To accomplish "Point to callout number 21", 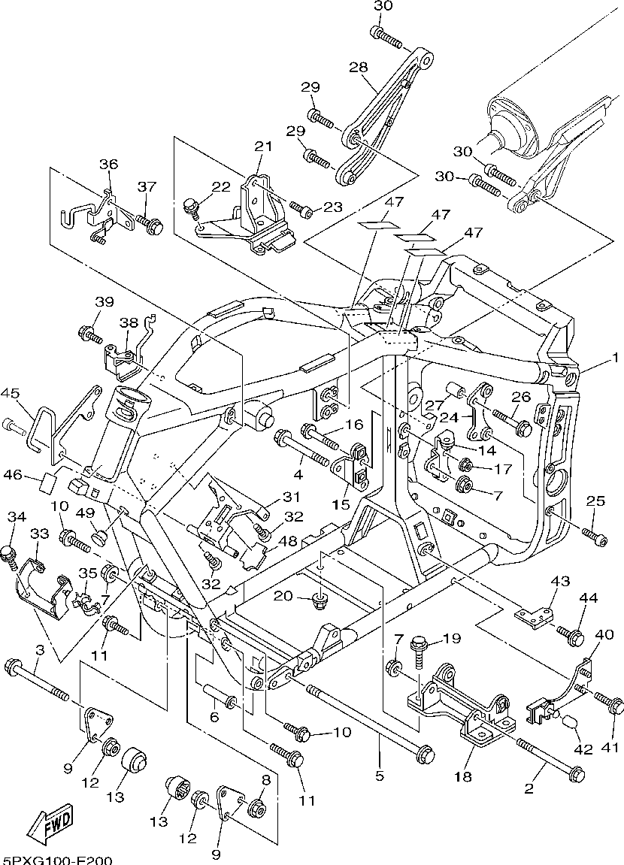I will [x=262, y=147].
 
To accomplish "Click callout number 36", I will [x=109, y=165].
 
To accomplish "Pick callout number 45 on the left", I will [x=10, y=393].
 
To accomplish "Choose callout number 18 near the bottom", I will [x=463, y=776].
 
